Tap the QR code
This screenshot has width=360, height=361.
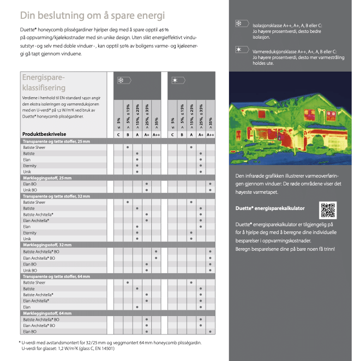[x=328, y=209]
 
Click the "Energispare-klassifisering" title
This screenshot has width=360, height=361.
[x=44, y=83]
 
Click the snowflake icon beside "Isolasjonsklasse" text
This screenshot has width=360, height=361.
[x=241, y=24]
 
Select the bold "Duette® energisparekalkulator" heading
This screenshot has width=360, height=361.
[x=270, y=208]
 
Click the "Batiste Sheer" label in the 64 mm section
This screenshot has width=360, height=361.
[x=34, y=283]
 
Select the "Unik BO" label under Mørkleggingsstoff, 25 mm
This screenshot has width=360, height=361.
[x=30, y=190]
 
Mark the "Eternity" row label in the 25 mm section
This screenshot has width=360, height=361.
[x=30, y=166]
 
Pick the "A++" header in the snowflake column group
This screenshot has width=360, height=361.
[x=156, y=135]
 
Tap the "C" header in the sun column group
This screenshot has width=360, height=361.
[x=172, y=135]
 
